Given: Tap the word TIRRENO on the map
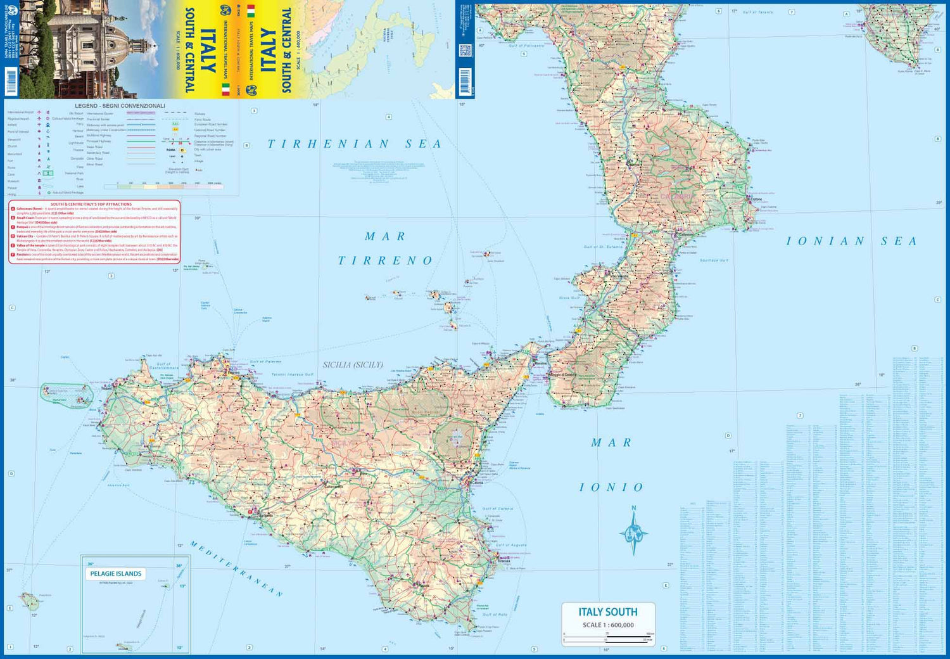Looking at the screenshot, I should [385, 260].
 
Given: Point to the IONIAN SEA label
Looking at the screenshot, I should [851, 241].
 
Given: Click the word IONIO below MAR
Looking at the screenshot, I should [611, 487].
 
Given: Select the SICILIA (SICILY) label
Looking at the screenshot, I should [353, 365].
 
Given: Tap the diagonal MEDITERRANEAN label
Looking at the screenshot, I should [236, 569].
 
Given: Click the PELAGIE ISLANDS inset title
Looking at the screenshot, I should [116, 574].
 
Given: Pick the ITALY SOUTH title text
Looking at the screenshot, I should [607, 612].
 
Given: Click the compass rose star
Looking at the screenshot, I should [633, 532].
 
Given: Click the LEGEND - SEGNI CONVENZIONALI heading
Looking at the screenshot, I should [120, 106].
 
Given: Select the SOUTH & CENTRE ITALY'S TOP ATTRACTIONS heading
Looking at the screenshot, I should [91, 204].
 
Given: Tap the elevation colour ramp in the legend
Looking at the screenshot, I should [163, 187].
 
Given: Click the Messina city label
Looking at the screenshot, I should [540, 364].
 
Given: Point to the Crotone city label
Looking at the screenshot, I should [756, 200].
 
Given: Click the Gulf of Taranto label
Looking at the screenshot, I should [757, 13].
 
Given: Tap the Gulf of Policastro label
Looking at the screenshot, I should [526, 46].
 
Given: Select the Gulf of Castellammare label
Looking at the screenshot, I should [163, 366].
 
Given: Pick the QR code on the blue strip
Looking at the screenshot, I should [465, 51].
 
